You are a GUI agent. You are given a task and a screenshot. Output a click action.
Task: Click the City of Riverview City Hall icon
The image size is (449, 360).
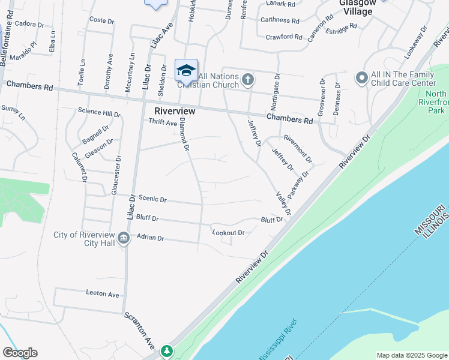click(124, 239)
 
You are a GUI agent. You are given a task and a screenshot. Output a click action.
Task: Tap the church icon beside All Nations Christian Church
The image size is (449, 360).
click(248, 79)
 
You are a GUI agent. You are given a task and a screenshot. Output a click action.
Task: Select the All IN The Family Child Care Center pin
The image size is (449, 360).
click(361, 78)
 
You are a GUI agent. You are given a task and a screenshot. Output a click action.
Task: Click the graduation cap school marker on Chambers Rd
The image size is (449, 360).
click(186, 70)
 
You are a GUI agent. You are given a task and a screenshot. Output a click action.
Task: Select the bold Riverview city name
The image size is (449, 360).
click(175, 111)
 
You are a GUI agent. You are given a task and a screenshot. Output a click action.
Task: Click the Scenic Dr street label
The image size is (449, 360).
click(152, 199)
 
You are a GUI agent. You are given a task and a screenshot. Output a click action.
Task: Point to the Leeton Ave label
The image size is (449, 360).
click(103, 294)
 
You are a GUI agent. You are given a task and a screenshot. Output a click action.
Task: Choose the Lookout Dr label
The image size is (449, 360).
click(228, 232)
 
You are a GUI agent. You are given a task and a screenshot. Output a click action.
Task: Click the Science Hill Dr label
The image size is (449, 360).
click(99, 112)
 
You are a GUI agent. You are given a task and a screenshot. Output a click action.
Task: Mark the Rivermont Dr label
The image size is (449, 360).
click(298, 149)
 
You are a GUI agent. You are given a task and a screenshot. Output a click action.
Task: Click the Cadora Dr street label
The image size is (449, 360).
click(29, 25)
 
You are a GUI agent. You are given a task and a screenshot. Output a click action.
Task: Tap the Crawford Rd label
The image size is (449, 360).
click(284, 37)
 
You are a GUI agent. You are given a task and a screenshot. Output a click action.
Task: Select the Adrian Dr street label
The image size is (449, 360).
click(150, 238)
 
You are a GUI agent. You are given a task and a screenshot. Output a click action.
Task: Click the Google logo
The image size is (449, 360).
click(20, 353)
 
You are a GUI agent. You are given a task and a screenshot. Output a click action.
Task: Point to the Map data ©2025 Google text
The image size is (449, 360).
click(412, 355)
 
